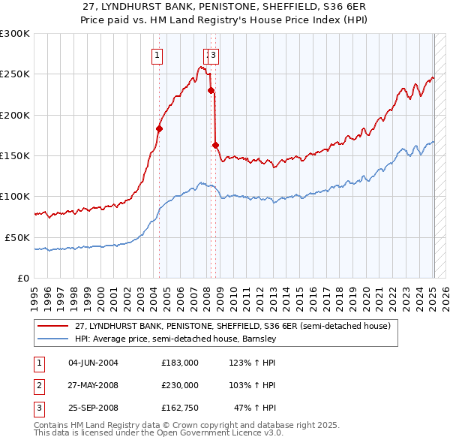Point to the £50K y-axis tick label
(x=17, y=237)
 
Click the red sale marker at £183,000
(x=159, y=128)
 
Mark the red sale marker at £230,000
(x=211, y=90)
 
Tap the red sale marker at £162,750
(x=216, y=145)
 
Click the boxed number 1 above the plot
(x=157, y=54)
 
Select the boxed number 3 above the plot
(x=214, y=54)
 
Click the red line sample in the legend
(x=54, y=327)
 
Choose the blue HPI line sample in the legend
(x=54, y=339)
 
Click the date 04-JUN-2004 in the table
(x=93, y=363)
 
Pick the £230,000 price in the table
(x=180, y=385)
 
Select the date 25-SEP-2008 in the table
(x=93, y=408)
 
